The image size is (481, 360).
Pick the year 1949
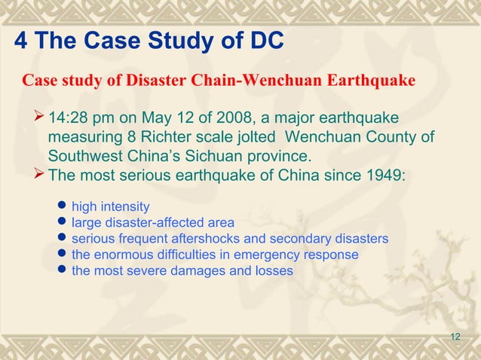pyautogui.click(x=384, y=176)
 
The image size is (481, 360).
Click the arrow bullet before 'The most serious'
pyautogui.click(x=41, y=176)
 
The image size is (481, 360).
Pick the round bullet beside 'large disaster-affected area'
pyautogui.click(x=63, y=223)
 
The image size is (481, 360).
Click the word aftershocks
pyautogui.click(x=204, y=239)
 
